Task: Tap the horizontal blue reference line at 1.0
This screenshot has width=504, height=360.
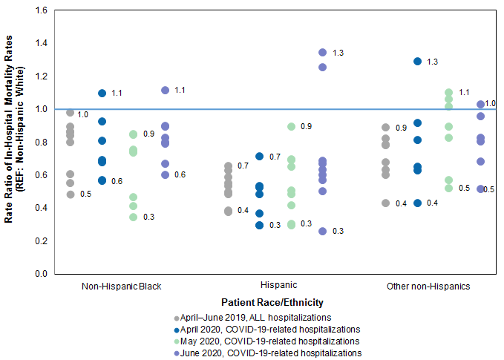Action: tap(223, 109)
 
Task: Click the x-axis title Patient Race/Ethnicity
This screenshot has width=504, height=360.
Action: tap(272, 303)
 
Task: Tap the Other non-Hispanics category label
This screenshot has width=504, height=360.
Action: tap(428, 286)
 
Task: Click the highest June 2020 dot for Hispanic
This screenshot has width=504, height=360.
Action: tap(322, 53)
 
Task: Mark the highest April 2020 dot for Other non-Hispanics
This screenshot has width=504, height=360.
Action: tap(418, 62)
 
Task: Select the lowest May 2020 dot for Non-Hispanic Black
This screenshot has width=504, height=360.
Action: tap(133, 217)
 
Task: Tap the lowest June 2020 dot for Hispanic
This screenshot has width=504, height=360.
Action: tap(322, 232)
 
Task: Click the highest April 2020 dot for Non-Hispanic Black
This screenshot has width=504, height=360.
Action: tap(102, 94)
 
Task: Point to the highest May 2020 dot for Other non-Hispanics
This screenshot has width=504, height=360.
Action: tap(448, 94)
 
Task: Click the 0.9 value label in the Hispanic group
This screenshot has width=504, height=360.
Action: tap(306, 127)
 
